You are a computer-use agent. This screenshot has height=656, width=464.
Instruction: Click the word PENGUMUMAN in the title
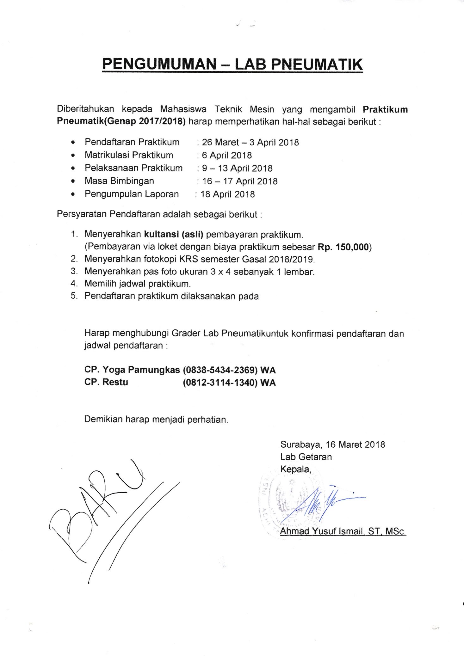tap(159, 64)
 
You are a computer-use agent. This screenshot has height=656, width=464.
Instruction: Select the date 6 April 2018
tap(227, 155)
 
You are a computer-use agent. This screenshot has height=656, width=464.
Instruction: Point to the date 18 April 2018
tap(228, 194)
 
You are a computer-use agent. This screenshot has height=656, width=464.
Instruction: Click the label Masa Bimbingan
tap(119, 181)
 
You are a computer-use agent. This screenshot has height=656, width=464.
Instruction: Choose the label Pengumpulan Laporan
tap(132, 194)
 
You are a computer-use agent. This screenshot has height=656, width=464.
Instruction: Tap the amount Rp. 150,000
tap(343, 247)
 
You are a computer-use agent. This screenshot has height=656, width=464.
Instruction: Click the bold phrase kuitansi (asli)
tap(174, 234)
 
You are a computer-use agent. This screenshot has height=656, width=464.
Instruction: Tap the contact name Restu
tap(115, 382)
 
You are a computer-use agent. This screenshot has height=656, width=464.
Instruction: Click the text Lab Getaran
tap(306, 457)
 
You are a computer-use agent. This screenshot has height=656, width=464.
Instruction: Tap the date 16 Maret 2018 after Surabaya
tap(356, 444)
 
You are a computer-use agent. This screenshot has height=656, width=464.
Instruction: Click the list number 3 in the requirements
tap(74, 271)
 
